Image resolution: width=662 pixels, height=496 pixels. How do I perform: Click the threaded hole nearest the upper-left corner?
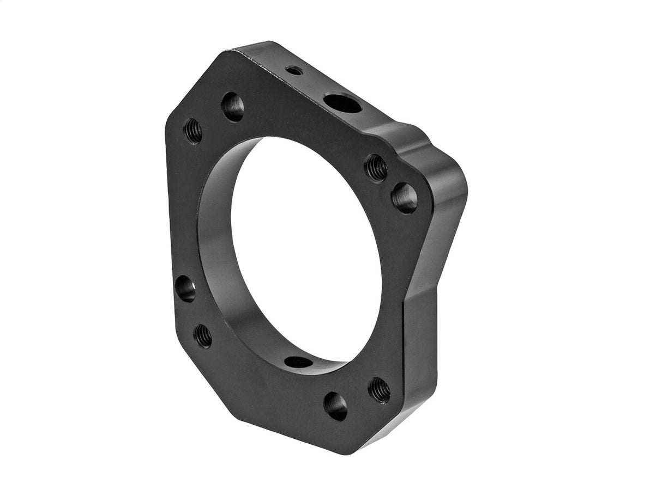[192, 131]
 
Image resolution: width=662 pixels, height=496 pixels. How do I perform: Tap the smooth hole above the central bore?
[233, 107]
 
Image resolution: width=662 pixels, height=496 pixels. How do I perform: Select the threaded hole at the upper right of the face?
[376, 167]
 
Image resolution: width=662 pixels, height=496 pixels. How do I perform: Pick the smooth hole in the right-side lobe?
[404, 198]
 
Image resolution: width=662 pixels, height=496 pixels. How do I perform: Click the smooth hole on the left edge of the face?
[185, 288]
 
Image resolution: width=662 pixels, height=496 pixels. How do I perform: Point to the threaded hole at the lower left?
[203, 336]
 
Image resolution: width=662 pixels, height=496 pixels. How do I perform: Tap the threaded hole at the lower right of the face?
[380, 390]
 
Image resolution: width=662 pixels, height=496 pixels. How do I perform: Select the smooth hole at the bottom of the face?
[335, 406]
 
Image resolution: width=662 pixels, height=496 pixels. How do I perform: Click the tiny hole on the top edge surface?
[294, 70]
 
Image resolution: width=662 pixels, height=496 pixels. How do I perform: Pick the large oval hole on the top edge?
[342, 103]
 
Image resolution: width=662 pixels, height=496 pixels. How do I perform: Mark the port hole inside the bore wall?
[299, 362]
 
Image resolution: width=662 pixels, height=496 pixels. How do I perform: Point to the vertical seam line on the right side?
[403, 348]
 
